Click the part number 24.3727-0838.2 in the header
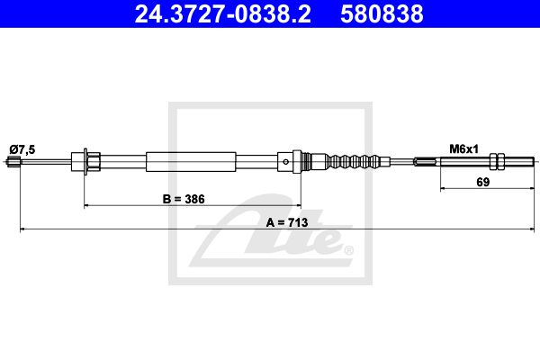click(x=223, y=14)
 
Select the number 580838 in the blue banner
click(x=382, y=14)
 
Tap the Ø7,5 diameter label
click(x=22, y=150)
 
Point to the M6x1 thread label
click(x=463, y=149)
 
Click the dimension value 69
click(x=482, y=182)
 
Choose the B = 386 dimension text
click(x=184, y=199)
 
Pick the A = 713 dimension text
click(x=287, y=222)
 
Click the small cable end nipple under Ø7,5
click(x=13, y=161)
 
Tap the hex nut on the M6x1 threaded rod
click(x=497, y=161)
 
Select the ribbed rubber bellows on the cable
click(x=355, y=161)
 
